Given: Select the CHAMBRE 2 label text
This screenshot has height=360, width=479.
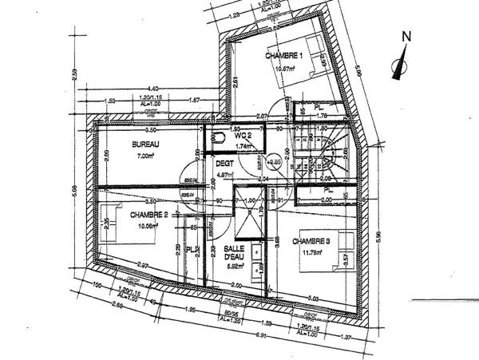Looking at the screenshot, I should coord(148,215).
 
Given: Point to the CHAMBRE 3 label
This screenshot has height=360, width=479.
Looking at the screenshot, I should coord(311,241).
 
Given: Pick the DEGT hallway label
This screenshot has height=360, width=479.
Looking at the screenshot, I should coord(224,164).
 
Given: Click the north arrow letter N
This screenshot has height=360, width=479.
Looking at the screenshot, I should coord(406,36).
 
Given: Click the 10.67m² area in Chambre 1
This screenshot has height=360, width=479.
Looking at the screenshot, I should coord(286,68).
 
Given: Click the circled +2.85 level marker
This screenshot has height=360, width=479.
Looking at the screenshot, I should coord(275,162).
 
